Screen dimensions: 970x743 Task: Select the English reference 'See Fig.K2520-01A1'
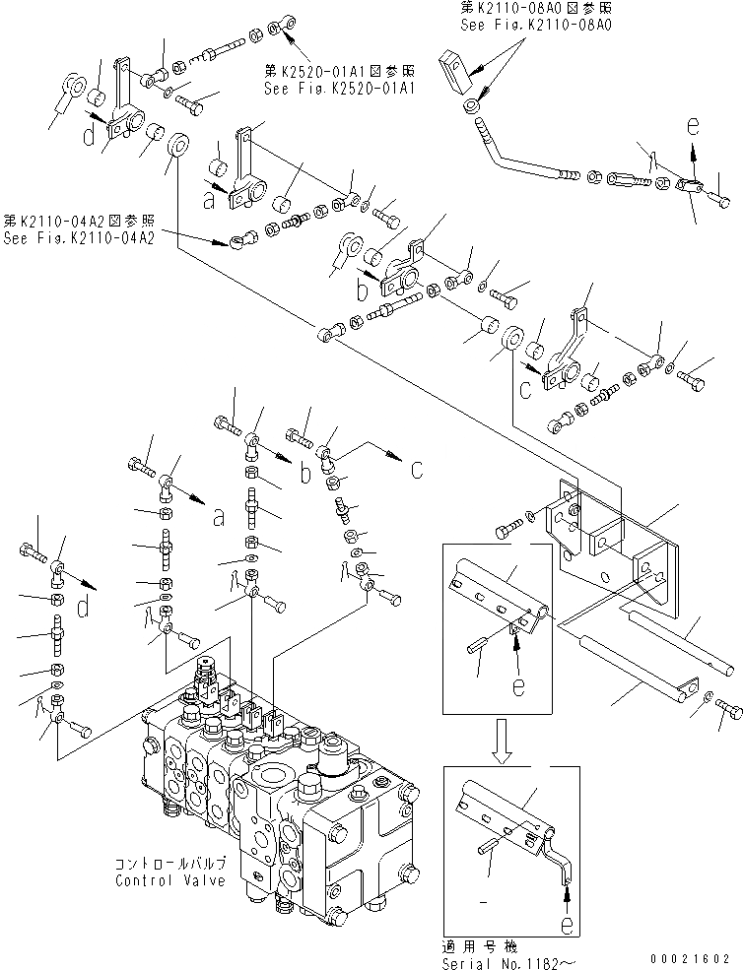coord(338,88)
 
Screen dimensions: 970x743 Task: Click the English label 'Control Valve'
coord(169,879)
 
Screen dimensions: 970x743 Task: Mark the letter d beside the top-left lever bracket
coord(90,137)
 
